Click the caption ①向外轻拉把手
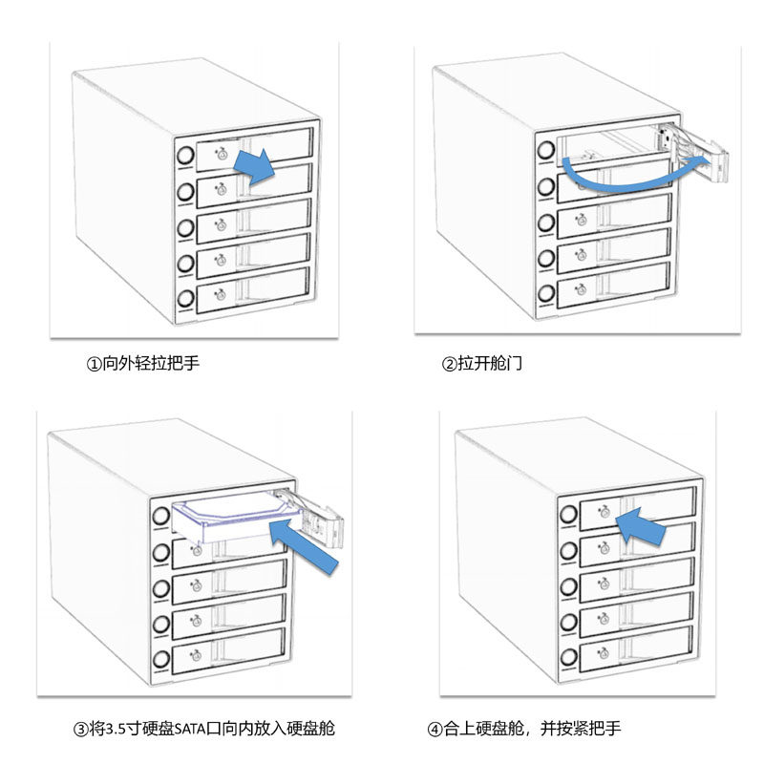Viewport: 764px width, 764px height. tap(143, 364)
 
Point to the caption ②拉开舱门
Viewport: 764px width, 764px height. tap(481, 364)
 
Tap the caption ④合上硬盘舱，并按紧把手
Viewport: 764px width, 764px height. tap(524, 730)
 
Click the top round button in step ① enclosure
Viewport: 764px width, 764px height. tap(184, 154)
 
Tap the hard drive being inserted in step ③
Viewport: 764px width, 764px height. tap(234, 516)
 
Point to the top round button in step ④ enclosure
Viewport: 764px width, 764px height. tap(568, 514)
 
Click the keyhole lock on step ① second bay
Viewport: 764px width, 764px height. tap(222, 189)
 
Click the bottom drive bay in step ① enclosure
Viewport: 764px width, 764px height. tap(253, 289)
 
